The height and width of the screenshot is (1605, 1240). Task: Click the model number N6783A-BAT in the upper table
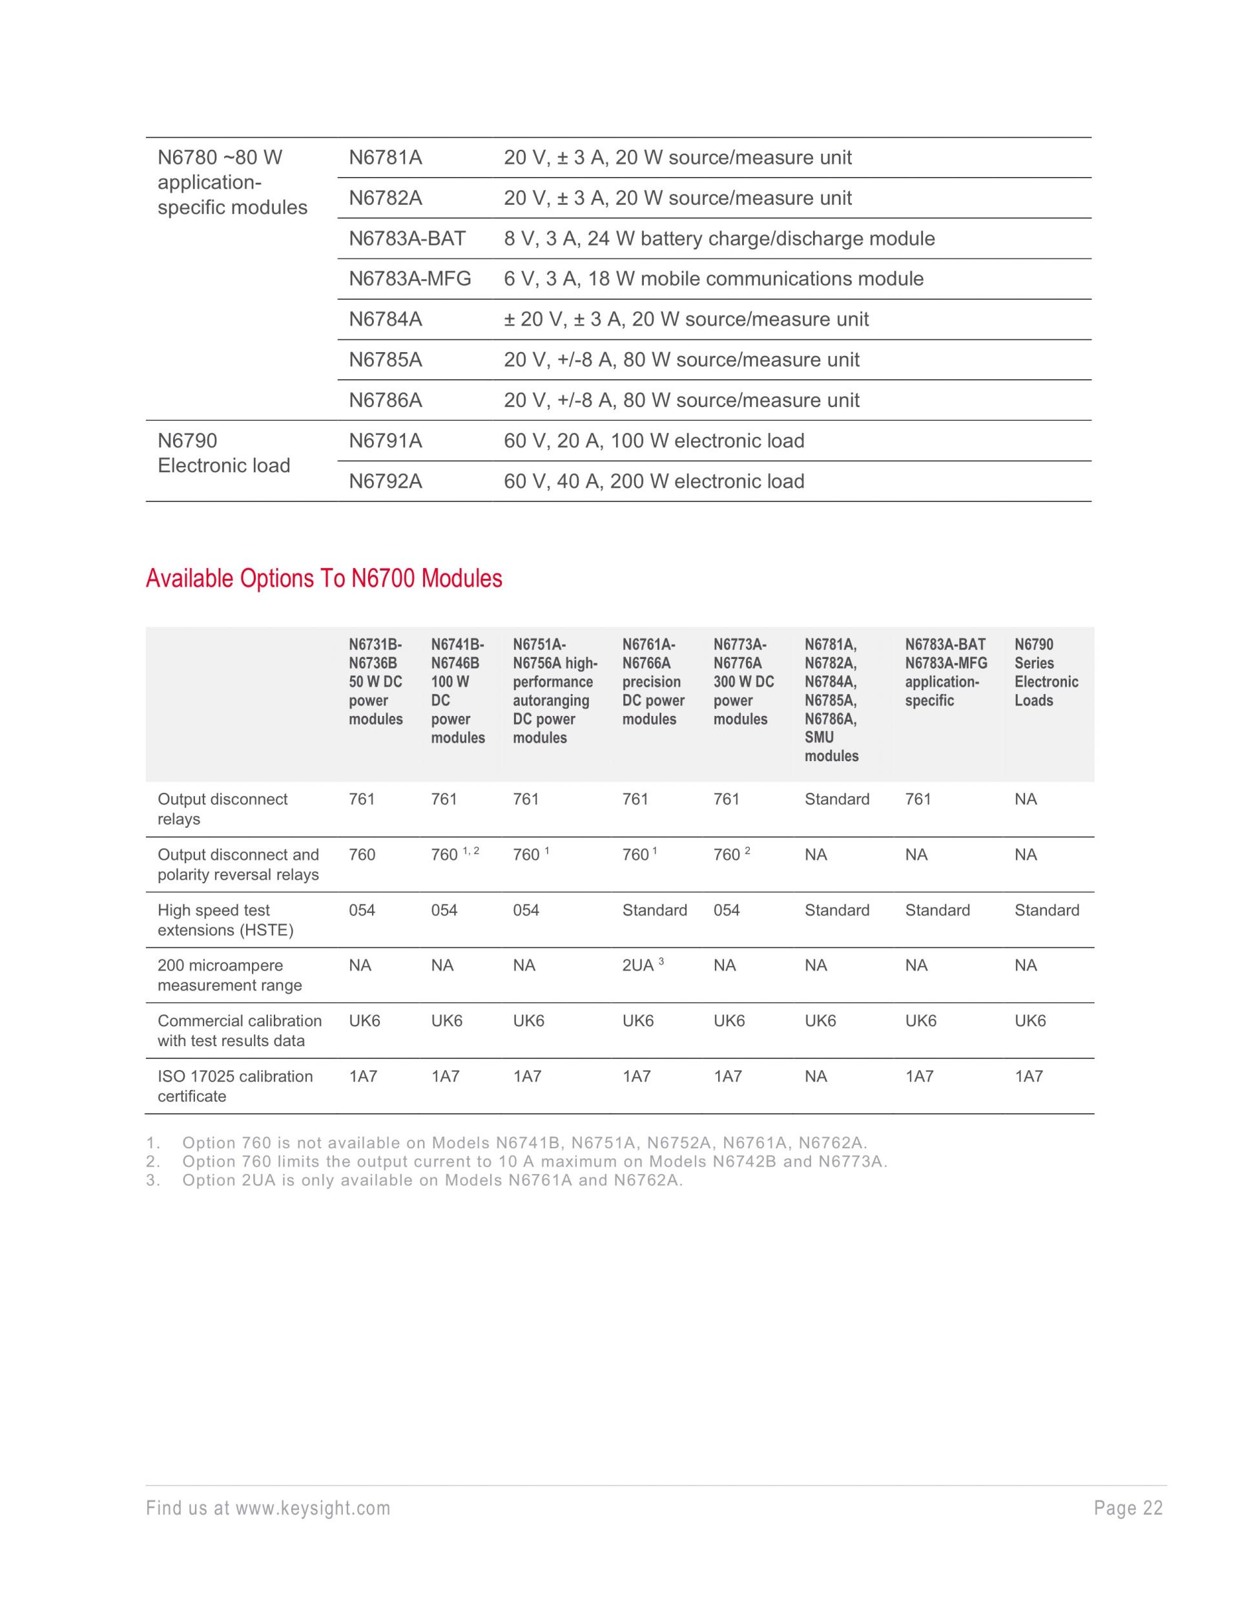(x=407, y=239)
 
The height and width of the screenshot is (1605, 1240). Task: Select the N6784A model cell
(x=386, y=320)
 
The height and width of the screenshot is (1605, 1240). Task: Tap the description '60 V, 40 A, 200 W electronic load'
(x=654, y=481)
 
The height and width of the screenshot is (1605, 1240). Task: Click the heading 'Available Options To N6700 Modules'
(x=324, y=579)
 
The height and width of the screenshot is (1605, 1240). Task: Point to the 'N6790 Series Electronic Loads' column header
(x=1046, y=673)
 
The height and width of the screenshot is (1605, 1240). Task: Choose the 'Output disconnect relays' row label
(x=223, y=809)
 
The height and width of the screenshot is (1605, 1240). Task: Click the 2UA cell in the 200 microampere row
(x=638, y=965)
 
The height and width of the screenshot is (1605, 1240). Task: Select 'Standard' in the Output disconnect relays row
(x=837, y=799)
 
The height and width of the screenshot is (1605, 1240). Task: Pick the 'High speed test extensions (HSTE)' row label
(x=225, y=920)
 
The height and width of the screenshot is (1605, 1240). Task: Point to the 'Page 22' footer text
(x=1128, y=1509)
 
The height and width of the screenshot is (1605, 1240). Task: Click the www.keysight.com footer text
(x=268, y=1509)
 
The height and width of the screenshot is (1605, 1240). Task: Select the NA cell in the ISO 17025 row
(x=816, y=1076)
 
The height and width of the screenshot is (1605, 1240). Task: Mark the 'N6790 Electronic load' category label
(x=224, y=454)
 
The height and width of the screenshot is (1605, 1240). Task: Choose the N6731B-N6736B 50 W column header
(x=375, y=682)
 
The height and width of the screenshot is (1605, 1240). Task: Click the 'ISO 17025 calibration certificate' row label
(x=235, y=1086)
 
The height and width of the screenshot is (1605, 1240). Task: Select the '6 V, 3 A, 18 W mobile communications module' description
(x=713, y=279)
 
